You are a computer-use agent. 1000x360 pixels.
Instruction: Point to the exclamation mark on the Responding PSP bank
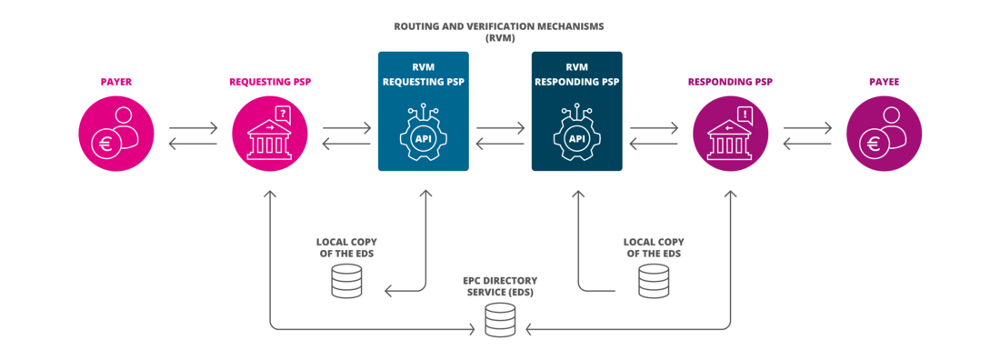745,115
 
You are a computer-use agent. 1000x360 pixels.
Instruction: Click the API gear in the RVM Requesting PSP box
424,135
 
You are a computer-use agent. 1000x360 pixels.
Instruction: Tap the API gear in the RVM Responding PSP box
576,136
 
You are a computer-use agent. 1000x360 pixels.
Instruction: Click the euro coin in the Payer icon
107,144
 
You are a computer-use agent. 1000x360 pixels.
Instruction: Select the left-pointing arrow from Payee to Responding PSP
807,143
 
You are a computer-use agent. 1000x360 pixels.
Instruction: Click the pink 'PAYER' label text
117,82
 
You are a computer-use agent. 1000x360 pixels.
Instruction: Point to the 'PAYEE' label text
884,82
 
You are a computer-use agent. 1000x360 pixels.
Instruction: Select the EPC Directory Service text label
500,286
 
